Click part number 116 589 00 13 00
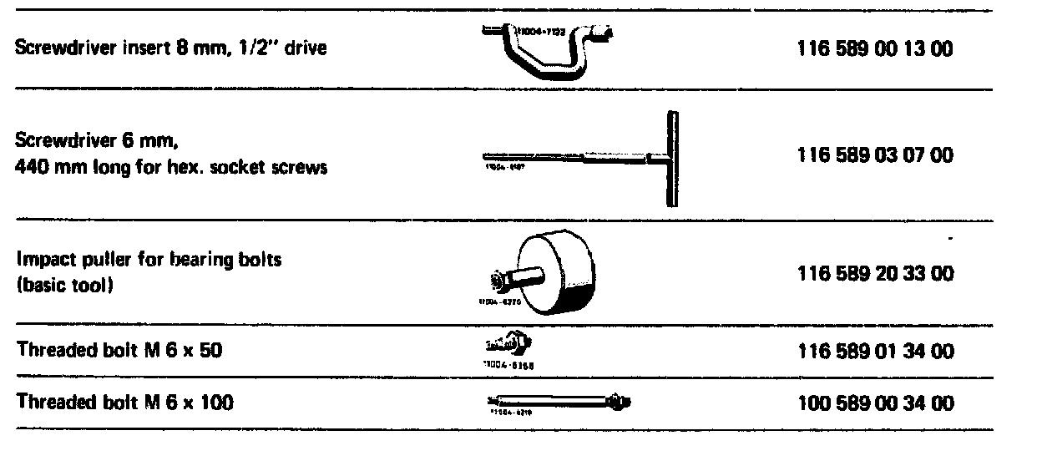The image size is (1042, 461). click(876, 48)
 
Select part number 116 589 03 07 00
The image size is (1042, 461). click(876, 156)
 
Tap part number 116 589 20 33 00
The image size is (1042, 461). click(876, 274)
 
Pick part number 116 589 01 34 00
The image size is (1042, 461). click(876, 351)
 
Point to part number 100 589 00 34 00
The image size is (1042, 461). click(876, 403)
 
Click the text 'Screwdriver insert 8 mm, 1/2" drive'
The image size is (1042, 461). click(171, 48)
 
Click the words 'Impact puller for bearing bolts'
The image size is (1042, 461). click(149, 260)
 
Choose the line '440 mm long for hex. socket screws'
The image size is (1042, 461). click(171, 167)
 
